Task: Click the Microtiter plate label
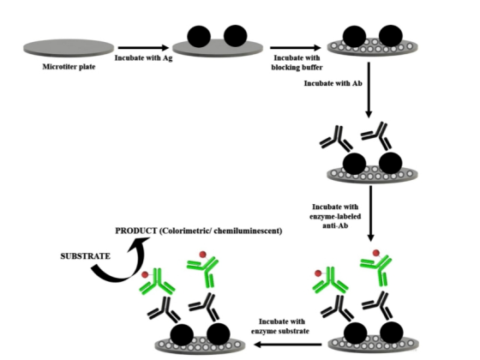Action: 69,67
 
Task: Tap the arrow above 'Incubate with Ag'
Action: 143,47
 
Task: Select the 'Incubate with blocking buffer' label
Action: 297,63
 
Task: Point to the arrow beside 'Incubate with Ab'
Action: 369,90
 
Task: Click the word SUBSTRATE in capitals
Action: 86,256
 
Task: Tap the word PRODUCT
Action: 136,231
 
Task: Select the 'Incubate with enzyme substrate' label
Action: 280,327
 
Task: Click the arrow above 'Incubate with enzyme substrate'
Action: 288,345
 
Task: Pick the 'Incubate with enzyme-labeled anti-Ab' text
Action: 335,216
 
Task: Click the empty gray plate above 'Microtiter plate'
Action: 69,48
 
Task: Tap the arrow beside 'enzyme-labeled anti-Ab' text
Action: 370,213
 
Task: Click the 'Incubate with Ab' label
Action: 333,83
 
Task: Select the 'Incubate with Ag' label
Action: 144,58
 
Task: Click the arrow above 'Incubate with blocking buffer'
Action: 296,47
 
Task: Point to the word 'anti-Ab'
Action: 335,226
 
